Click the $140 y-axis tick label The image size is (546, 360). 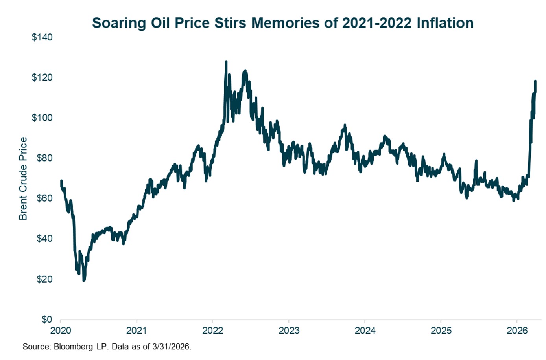(x=42, y=37)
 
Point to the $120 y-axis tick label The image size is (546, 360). (x=42, y=77)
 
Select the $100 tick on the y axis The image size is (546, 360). (x=42, y=118)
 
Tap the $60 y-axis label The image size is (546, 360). (x=44, y=198)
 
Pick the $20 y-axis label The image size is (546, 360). (x=44, y=279)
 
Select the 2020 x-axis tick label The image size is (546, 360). (x=61, y=331)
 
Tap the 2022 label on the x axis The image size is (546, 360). (x=212, y=331)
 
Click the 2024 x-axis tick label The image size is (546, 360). (x=365, y=331)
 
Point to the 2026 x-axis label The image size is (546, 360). (x=517, y=331)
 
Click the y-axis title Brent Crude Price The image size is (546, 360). (x=23, y=178)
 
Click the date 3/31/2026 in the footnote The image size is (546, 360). (x=173, y=347)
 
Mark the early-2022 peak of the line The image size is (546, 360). (x=226, y=62)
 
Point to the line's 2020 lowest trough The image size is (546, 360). (x=84, y=280)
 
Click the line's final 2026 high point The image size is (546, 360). (x=535, y=81)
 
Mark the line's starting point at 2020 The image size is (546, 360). (x=61, y=181)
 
